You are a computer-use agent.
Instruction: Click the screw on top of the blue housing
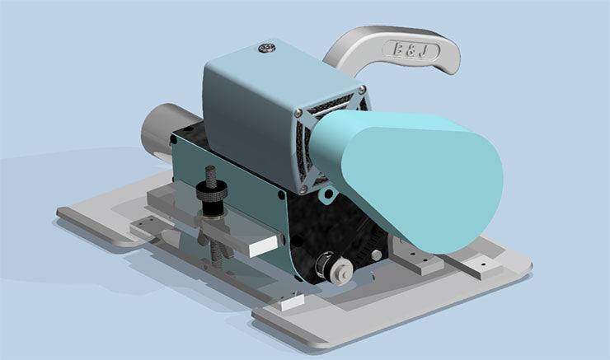coord(267,49)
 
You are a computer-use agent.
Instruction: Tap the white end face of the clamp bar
coord(265,242)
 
